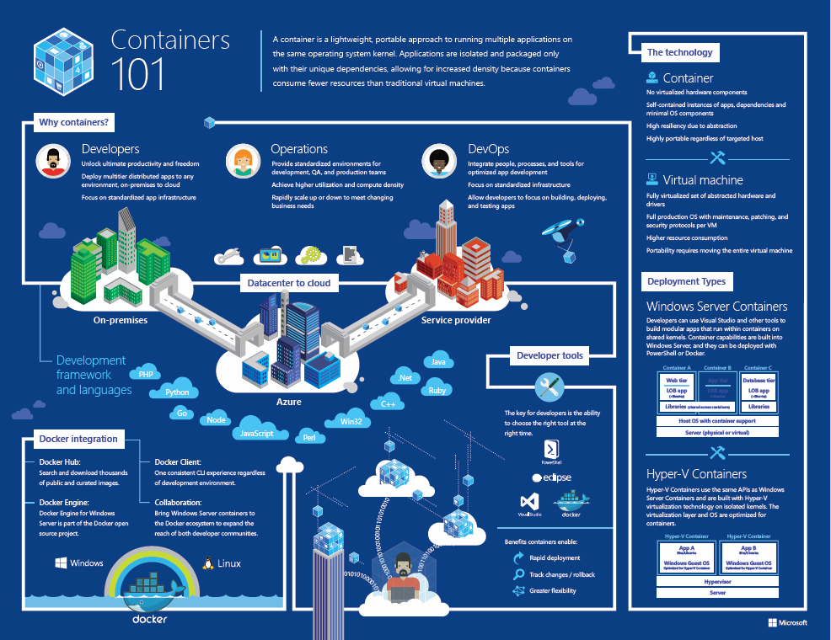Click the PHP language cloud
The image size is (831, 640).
(x=146, y=375)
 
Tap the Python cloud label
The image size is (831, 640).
(x=177, y=392)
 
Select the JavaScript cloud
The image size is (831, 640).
(x=256, y=433)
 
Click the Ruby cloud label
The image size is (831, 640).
(x=437, y=391)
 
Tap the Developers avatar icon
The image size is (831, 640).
(x=53, y=160)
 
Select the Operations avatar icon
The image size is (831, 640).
(x=243, y=160)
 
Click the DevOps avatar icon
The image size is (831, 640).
(x=440, y=160)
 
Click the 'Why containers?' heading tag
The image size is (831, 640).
(x=73, y=123)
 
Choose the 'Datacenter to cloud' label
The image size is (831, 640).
(x=289, y=283)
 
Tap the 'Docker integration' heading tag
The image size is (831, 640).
(x=78, y=439)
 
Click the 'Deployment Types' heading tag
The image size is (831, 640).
(x=688, y=281)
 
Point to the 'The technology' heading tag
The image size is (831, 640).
(x=679, y=52)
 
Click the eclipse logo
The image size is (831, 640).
(x=552, y=477)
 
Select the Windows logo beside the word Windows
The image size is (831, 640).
(x=61, y=563)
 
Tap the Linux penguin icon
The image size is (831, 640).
(x=206, y=563)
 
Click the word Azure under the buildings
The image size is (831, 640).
(x=289, y=402)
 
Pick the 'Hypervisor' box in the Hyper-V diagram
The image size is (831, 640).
(x=717, y=581)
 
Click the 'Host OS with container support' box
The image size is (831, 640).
(x=717, y=420)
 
